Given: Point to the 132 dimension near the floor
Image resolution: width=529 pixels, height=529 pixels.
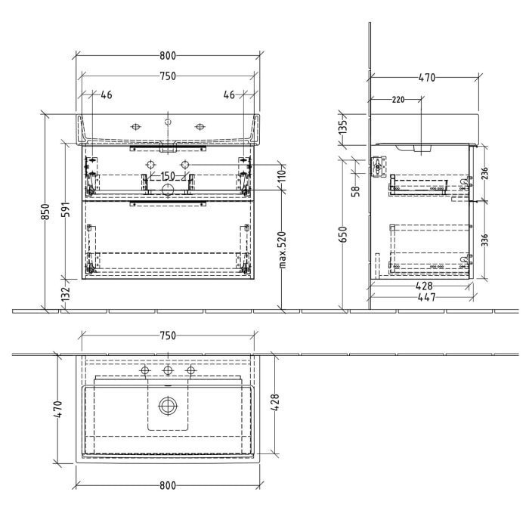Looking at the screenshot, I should point(66,292).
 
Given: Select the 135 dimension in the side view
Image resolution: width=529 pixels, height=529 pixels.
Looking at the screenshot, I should point(342,126).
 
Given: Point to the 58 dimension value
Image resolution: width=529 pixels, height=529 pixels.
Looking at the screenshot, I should point(354,190).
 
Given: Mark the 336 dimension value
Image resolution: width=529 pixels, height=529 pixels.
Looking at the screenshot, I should point(484,241).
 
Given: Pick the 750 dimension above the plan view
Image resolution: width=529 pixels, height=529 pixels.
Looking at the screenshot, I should point(168,336).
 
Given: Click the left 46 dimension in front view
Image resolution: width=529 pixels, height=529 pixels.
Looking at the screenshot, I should point(107,94).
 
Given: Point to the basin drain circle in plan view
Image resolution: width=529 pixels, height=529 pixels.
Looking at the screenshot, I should point(168,406).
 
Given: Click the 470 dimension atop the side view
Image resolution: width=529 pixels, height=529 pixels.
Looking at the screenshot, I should point(427,77).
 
